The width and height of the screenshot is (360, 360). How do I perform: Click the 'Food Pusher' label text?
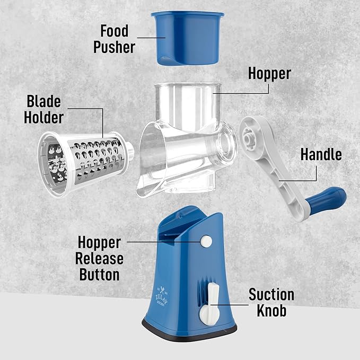pyautogui.click(x=115, y=38)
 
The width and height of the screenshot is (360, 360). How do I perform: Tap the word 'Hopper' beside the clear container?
pyautogui.click(x=269, y=73)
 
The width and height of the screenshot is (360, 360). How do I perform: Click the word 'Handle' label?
pyautogui.click(x=321, y=154)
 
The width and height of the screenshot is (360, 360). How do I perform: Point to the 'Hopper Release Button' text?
pyautogui.click(x=100, y=259)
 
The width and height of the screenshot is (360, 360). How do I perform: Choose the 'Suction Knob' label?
pyautogui.click(x=271, y=302)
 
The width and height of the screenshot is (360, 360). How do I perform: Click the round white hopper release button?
pyautogui.click(x=206, y=242)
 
